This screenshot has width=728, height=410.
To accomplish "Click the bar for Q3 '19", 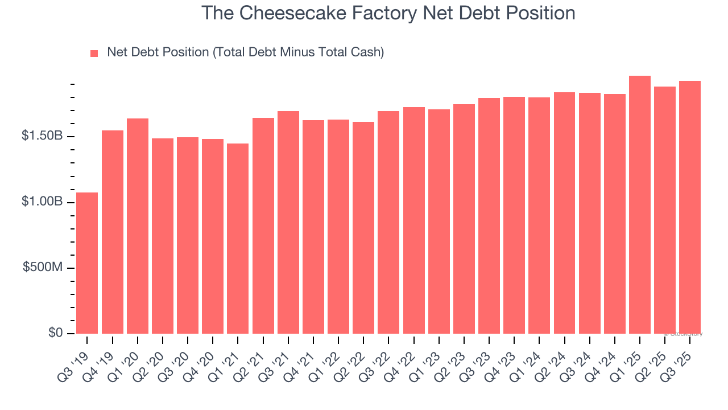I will [x=87, y=263].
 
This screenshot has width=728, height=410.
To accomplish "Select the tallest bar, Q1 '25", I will [x=640, y=205].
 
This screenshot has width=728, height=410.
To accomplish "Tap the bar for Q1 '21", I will [x=238, y=239].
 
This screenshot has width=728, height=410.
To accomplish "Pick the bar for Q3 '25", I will [x=690, y=207].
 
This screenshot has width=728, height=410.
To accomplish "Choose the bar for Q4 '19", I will [x=112, y=232].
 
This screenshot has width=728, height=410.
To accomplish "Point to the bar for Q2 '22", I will [x=363, y=228].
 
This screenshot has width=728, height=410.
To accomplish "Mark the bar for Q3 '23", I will [x=489, y=216].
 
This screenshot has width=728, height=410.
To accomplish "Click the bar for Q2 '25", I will [x=665, y=210].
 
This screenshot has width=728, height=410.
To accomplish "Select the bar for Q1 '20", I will [x=138, y=226].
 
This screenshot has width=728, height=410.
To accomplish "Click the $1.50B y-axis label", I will [x=43, y=137].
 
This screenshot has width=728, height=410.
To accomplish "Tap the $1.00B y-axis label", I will [x=43, y=202].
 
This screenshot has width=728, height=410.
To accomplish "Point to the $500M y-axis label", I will [x=43, y=268].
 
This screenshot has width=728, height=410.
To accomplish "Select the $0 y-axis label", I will [x=55, y=333].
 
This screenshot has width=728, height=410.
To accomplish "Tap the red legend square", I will [x=94, y=53].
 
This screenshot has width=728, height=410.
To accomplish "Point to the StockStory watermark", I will [x=686, y=334].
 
